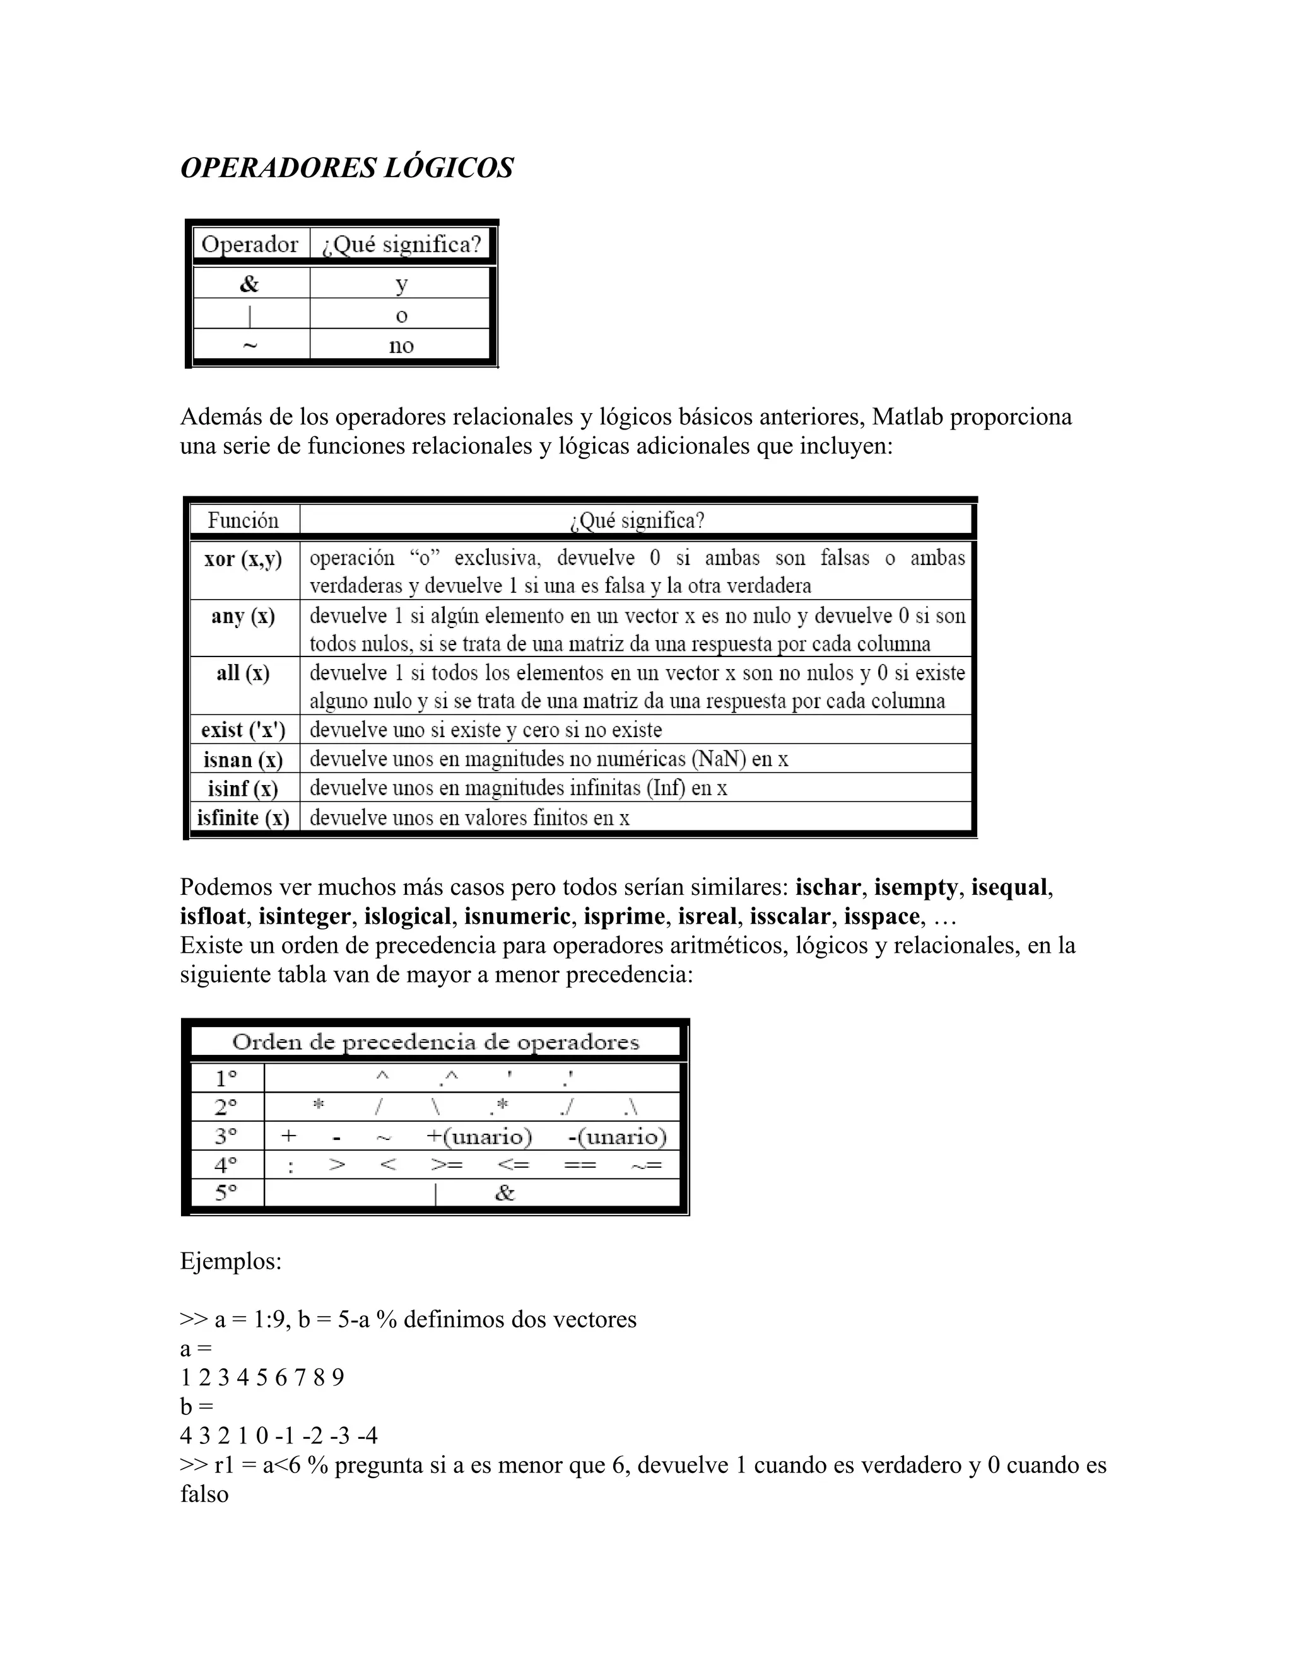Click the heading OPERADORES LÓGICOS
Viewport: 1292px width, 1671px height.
tap(347, 168)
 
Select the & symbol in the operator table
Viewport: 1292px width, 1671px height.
tap(250, 284)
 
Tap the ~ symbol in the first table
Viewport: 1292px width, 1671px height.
tap(250, 345)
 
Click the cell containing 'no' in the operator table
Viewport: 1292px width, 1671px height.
tap(401, 345)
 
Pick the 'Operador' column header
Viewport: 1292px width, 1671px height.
tap(250, 245)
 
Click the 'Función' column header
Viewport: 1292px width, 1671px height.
tap(244, 521)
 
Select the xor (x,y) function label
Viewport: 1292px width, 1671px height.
tap(244, 559)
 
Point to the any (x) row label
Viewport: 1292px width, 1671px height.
tap(244, 617)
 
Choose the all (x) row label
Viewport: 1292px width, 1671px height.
tap(244, 673)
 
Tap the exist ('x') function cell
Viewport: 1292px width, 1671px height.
tap(244, 730)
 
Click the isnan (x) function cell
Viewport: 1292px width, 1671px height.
tap(244, 760)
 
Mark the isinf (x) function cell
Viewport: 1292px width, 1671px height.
tap(244, 789)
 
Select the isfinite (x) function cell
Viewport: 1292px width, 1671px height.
tap(244, 818)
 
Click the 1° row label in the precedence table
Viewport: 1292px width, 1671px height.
tap(226, 1079)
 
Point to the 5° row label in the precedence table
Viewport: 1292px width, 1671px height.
tap(226, 1193)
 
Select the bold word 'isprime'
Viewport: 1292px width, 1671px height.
tap(624, 917)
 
